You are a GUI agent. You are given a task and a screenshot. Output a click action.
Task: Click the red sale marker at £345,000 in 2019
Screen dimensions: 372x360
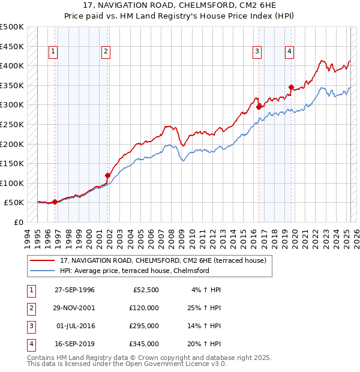click(291, 88)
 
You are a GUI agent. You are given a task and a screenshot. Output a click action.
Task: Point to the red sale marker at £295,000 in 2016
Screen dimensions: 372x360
click(259, 107)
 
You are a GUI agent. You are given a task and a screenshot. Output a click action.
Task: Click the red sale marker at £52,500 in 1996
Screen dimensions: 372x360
click(55, 202)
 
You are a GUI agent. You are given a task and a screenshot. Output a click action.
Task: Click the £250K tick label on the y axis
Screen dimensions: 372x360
click(12, 124)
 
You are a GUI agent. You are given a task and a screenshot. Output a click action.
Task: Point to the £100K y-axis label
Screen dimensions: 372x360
click(12, 183)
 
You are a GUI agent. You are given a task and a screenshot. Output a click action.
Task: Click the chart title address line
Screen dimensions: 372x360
click(180, 7)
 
